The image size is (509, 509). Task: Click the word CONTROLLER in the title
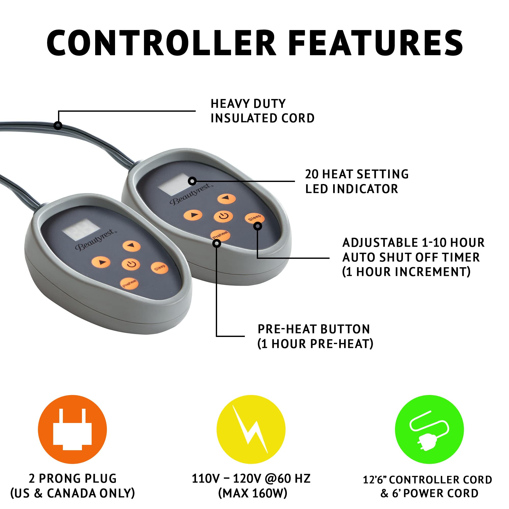coord(162,43)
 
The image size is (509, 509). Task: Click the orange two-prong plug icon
coord(73,429)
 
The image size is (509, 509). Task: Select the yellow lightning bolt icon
coord(251,429)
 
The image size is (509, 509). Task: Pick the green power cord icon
coord(429,429)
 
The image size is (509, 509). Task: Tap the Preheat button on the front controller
coord(129,283)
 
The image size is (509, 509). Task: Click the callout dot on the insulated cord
coord(58,125)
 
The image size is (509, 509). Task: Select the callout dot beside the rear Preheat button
coord(217,244)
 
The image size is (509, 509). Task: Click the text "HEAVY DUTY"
coord(248,104)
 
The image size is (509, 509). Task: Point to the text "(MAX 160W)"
coord(253,493)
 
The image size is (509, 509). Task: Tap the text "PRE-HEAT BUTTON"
coord(314,329)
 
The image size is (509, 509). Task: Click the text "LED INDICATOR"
coord(352,189)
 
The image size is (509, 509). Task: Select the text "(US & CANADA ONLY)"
coord(73,493)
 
